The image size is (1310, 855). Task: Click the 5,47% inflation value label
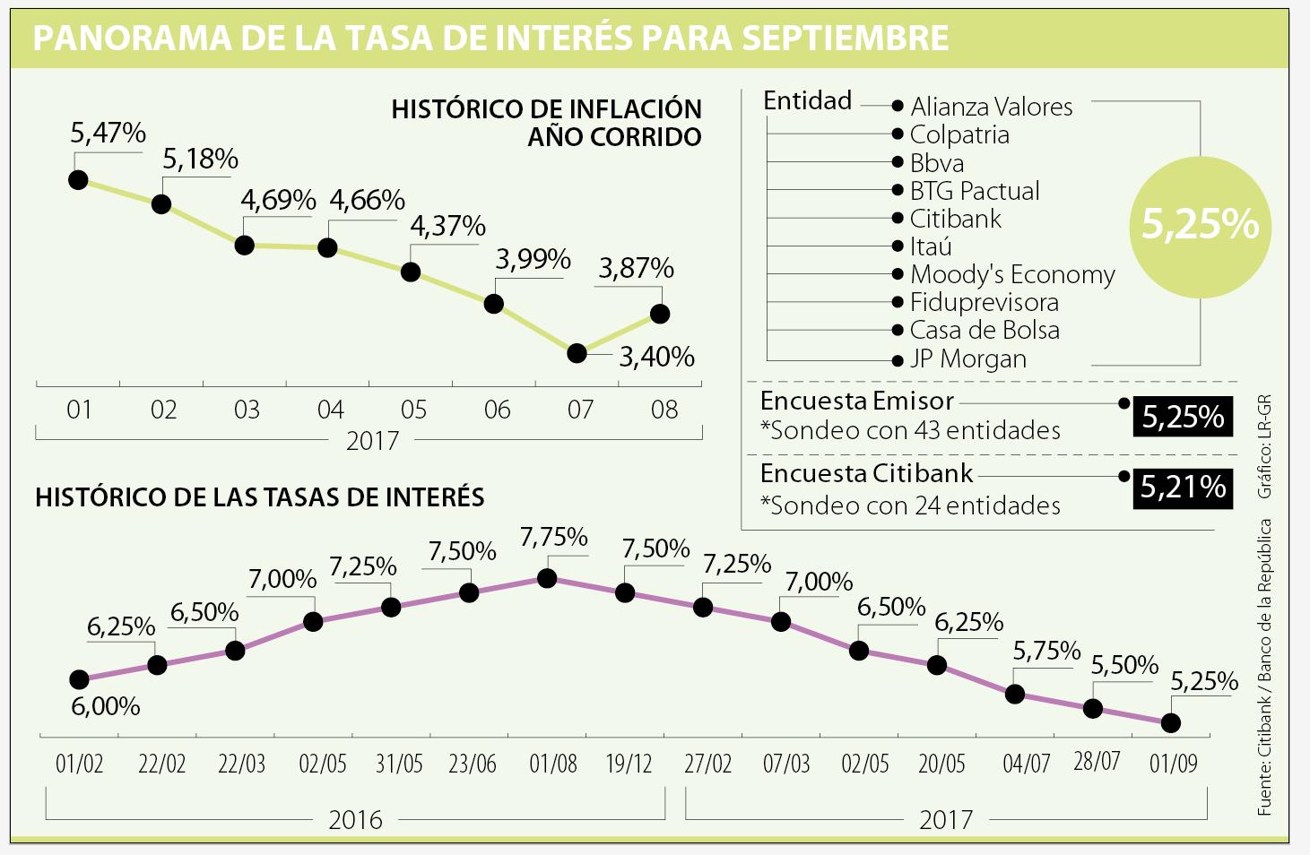coord(108,134)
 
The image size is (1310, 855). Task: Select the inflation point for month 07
coord(577,353)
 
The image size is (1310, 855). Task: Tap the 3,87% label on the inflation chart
coord(636,268)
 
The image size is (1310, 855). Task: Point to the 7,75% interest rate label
coord(554,538)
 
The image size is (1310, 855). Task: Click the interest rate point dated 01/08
coord(547,579)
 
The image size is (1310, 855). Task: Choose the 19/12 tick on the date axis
coord(629,764)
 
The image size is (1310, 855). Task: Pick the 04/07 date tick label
coord(1026,764)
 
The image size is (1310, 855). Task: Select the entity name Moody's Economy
coord(1012,274)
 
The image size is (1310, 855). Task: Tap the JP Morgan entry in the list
coord(968,358)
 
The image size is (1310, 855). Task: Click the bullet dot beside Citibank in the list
coord(898,219)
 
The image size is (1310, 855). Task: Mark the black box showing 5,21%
coord(1183,488)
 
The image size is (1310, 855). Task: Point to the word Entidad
coord(807,101)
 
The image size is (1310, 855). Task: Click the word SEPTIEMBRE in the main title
coord(846,39)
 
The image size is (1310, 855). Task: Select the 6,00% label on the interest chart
coord(105,707)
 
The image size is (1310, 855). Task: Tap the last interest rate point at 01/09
coord(1170,722)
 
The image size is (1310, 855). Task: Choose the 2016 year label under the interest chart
coord(355,819)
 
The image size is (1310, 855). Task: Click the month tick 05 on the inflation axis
coord(413,410)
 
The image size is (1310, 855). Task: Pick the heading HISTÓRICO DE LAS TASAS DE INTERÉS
coord(260,497)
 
